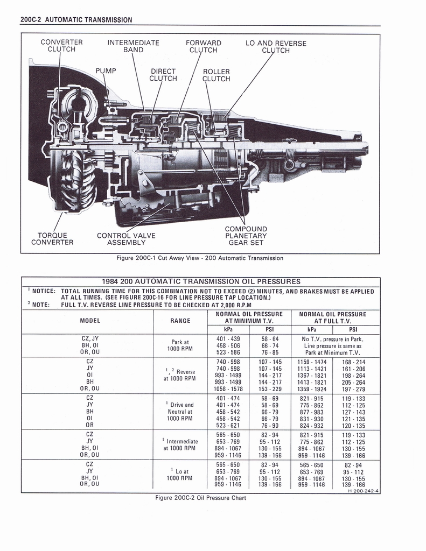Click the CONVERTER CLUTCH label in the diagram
click(x=61, y=46)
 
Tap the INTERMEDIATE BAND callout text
click(x=133, y=46)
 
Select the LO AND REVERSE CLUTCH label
click(x=276, y=47)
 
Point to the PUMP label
click(x=106, y=71)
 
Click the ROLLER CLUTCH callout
click(x=216, y=75)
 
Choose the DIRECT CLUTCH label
click(x=163, y=75)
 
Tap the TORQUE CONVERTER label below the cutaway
click(x=52, y=238)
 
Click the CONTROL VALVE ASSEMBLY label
click(x=126, y=238)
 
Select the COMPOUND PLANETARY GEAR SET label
click(x=246, y=236)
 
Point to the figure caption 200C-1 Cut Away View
click(x=200, y=258)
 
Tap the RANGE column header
click(x=180, y=321)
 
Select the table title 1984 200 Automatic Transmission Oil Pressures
click(x=201, y=281)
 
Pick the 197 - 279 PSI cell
click(x=353, y=388)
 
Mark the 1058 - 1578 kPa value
click(x=228, y=388)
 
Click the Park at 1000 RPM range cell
click(x=180, y=345)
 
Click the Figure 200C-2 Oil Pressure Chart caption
click(x=200, y=498)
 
